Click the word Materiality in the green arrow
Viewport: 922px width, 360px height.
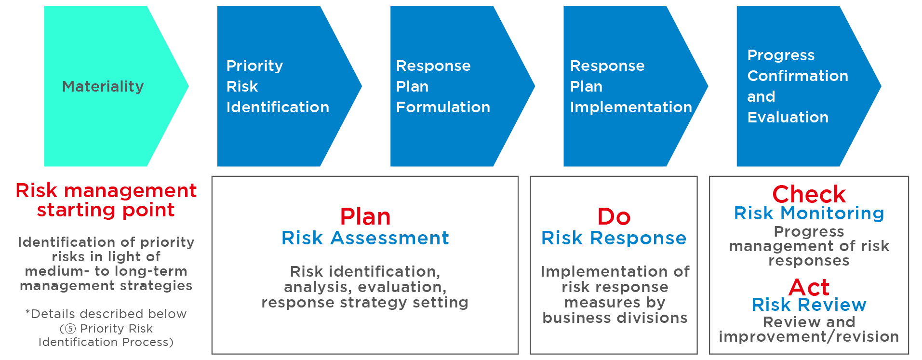tap(103, 87)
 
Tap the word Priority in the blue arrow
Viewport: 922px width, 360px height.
tap(254, 66)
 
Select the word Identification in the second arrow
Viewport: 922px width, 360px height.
tap(278, 107)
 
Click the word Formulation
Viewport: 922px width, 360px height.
tap(443, 107)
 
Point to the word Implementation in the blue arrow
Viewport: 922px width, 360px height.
tap(631, 107)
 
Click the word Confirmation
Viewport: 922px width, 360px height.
tap(798, 76)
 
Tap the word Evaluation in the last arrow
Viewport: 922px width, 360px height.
tap(788, 117)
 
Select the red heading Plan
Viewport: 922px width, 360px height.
tap(365, 217)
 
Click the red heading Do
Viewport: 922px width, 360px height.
tap(614, 217)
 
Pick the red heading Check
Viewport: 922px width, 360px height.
tap(809, 195)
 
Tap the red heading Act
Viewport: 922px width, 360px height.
tap(809, 288)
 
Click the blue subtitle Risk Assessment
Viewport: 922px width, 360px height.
tap(365, 238)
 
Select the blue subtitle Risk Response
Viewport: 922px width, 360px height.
tap(614, 238)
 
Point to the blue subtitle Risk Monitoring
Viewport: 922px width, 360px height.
tap(809, 213)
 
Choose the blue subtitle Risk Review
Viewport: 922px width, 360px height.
tap(809, 305)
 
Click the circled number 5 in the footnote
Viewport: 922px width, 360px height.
tap(70, 329)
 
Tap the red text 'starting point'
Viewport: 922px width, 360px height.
tap(106, 210)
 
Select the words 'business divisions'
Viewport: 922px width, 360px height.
tap(615, 318)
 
